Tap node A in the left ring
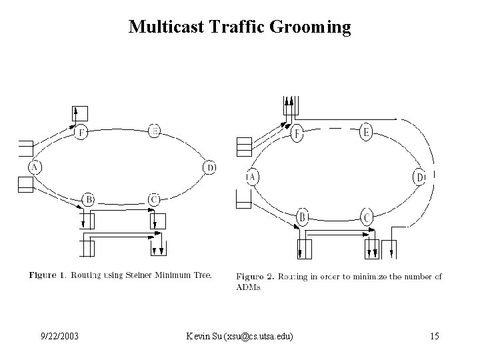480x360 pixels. [33, 167]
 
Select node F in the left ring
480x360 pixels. [81, 131]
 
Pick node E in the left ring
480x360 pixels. [154, 131]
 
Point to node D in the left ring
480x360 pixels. [209, 167]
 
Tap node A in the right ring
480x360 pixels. [252, 177]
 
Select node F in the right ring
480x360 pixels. [297, 134]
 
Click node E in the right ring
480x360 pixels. [366, 133]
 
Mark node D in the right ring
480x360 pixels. [420, 178]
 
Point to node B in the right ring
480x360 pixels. [303, 217]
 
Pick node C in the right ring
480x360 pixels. [367, 217]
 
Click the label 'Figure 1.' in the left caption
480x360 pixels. [47, 275]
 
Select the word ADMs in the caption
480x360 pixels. [249, 288]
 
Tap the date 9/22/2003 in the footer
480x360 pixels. [59, 337]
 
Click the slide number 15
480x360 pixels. [434, 337]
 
